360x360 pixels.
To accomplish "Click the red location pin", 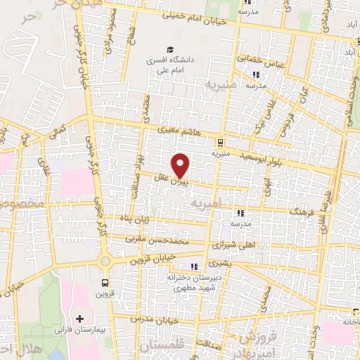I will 181,165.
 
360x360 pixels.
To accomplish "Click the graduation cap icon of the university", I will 169,49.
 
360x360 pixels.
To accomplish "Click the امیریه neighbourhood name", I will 206,202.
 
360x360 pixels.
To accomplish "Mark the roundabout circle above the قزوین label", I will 105,260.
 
